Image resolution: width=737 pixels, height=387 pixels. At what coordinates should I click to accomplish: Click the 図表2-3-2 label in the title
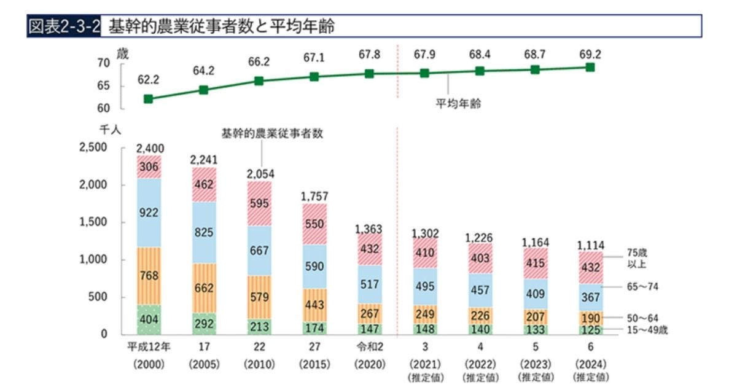click(x=64, y=27)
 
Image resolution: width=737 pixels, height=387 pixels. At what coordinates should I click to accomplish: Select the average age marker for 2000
click(x=148, y=99)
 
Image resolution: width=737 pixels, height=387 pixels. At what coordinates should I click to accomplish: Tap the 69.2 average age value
click(x=590, y=54)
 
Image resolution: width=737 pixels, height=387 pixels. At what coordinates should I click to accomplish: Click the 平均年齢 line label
click(x=458, y=104)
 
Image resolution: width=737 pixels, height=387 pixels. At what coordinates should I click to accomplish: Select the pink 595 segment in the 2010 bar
click(x=259, y=203)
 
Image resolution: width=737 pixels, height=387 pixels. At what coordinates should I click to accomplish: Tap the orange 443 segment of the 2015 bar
click(x=314, y=305)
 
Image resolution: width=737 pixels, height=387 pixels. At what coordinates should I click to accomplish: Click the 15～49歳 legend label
click(x=646, y=330)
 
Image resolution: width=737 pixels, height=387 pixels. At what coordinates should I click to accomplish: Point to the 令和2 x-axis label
click(x=369, y=346)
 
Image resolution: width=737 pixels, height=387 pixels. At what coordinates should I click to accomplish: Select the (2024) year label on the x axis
click(x=590, y=363)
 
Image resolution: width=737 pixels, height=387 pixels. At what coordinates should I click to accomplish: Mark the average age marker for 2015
click(x=314, y=77)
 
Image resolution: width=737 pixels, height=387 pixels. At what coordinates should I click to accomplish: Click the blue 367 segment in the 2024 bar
click(x=590, y=297)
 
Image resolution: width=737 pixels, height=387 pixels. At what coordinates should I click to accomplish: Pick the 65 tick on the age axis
click(x=103, y=86)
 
